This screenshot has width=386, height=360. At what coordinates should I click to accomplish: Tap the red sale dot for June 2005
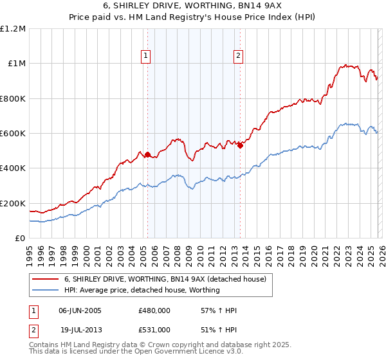click(147, 154)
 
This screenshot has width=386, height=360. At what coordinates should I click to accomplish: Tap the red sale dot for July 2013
click(239, 145)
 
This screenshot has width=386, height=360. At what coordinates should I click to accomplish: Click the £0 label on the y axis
click(20, 239)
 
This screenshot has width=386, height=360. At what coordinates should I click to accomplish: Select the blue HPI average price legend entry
click(142, 290)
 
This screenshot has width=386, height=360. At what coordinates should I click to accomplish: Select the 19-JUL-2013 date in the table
click(80, 329)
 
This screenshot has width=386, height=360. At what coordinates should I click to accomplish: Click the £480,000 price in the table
click(154, 310)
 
